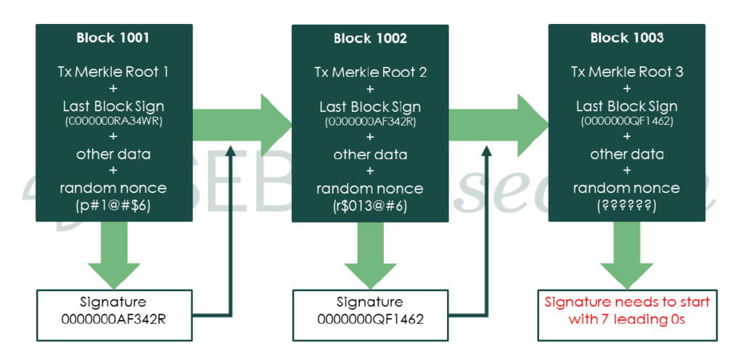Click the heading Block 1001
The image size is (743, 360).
click(114, 37)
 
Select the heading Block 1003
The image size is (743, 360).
click(627, 38)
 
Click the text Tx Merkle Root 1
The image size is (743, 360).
click(114, 72)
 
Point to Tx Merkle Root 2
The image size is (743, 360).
click(371, 73)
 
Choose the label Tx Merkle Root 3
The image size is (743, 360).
click(627, 72)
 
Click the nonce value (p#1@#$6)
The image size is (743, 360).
click(114, 205)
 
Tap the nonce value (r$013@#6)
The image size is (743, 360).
click(371, 206)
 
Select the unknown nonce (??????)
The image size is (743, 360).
click(627, 206)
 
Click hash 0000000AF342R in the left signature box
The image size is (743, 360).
click(114, 319)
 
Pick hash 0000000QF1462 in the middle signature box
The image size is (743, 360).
click(371, 319)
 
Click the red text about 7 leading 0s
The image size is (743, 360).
click(627, 310)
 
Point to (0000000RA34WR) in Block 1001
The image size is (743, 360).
click(114, 120)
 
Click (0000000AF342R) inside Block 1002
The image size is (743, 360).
click(371, 121)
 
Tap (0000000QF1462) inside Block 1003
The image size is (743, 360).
click(627, 120)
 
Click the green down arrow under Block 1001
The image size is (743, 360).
click(114, 254)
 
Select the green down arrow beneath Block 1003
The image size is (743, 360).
click(627, 254)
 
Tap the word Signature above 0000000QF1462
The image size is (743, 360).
click(371, 302)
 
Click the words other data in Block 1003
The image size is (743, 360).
click(627, 155)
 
